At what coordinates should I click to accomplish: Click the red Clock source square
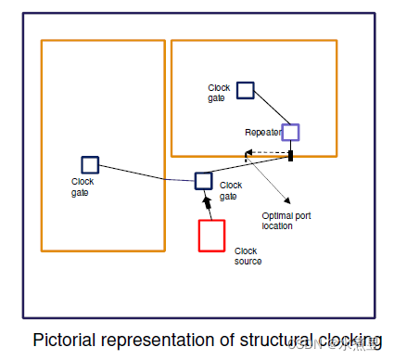211,235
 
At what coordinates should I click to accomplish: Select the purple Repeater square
291,133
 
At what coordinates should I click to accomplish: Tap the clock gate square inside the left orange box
90,164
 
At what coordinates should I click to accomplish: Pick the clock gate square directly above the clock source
204,180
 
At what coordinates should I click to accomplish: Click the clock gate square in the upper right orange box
245,90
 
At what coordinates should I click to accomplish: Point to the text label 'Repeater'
261,133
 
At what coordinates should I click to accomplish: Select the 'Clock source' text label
247,256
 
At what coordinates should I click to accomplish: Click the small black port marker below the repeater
291,155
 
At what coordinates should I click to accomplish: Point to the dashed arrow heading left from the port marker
265,152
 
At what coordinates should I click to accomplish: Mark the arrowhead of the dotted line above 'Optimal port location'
288,199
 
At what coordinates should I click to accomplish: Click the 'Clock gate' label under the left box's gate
83,186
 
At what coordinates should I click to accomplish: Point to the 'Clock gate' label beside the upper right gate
218,92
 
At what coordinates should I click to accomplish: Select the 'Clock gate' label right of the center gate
231,190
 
